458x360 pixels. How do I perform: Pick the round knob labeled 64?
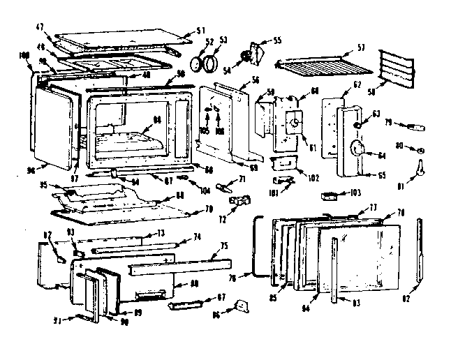coord(360,148)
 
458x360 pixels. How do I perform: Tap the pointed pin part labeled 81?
coord(421,168)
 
